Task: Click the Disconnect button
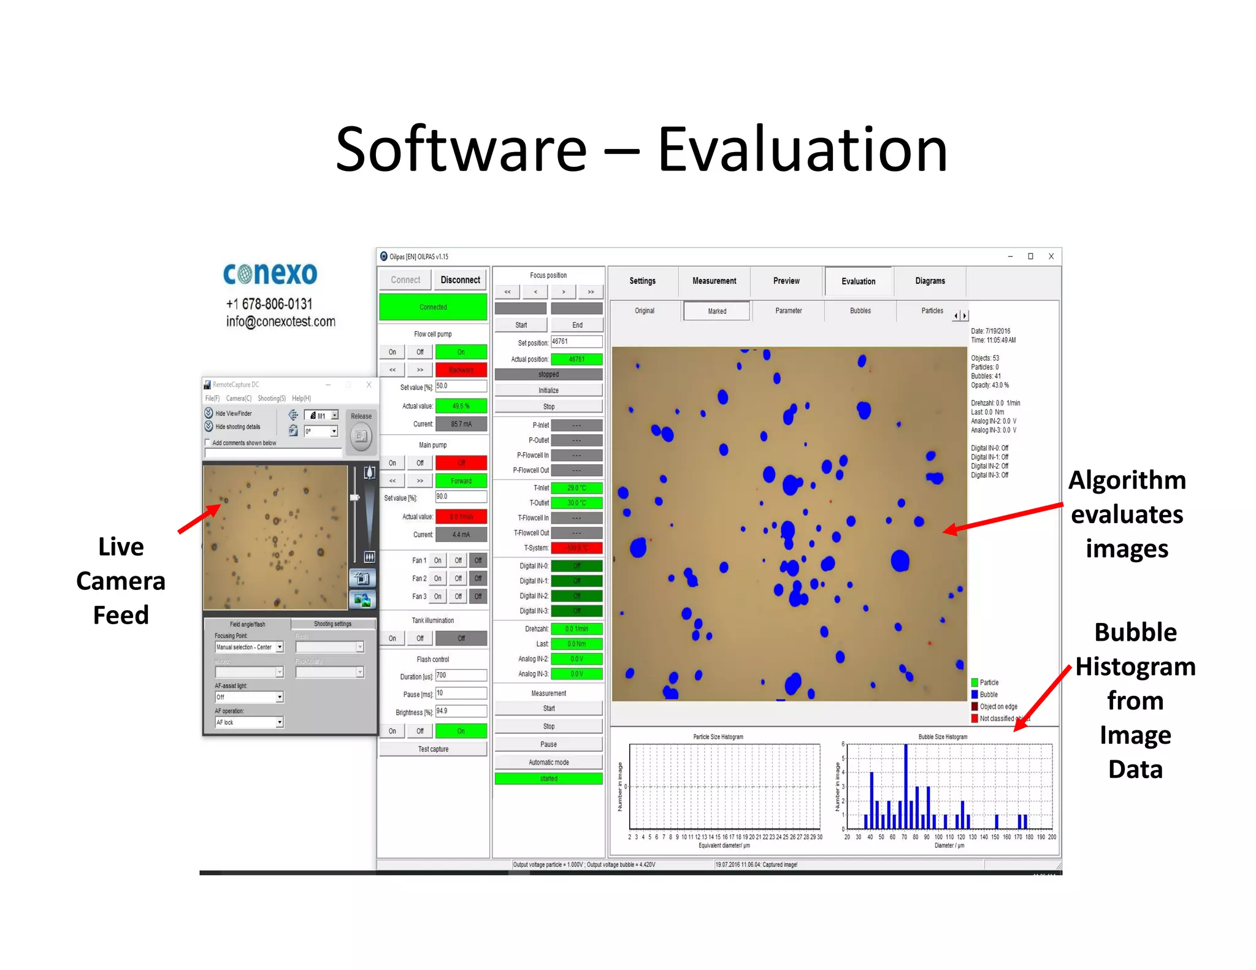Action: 460,280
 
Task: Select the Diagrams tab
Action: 930,281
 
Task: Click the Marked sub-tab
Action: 716,311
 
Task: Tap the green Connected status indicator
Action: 433,307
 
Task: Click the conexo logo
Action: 270,273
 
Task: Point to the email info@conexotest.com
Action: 280,321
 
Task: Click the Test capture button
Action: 433,749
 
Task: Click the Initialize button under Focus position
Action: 548,390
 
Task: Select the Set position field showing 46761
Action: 576,342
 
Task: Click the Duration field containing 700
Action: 461,675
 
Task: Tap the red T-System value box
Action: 576,548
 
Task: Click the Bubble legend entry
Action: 988,694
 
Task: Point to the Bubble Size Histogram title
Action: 943,736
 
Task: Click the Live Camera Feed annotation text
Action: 121,580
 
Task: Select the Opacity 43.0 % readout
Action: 989,385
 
